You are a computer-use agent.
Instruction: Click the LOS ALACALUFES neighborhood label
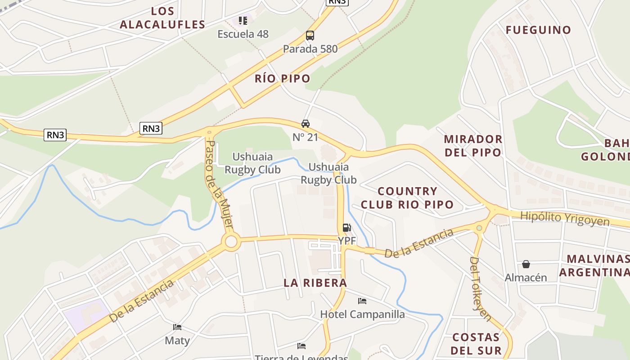(x=162, y=18)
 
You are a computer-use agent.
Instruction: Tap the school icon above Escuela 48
(x=243, y=20)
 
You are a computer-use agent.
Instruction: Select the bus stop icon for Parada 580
(x=310, y=36)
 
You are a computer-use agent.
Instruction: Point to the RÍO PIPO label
(x=283, y=79)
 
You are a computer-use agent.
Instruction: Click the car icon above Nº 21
(x=306, y=124)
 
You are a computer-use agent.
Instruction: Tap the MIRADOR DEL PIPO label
(x=473, y=145)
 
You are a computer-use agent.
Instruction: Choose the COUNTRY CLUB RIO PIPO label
(x=407, y=198)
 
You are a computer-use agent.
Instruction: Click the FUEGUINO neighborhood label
(x=538, y=30)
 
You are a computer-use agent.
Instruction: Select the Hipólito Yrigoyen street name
(x=565, y=219)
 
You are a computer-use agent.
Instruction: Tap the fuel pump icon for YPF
(x=346, y=228)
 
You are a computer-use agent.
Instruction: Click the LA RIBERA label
(x=315, y=283)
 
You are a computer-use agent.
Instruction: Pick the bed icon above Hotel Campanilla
(x=362, y=301)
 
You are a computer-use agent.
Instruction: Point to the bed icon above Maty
(x=177, y=327)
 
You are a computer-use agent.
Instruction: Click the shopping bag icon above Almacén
(x=526, y=264)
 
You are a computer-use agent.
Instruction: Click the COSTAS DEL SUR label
(x=476, y=344)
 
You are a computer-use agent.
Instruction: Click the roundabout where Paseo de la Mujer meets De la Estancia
(x=231, y=242)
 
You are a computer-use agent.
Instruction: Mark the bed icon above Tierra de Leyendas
(x=301, y=346)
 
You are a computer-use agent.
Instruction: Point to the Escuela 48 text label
(x=243, y=34)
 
